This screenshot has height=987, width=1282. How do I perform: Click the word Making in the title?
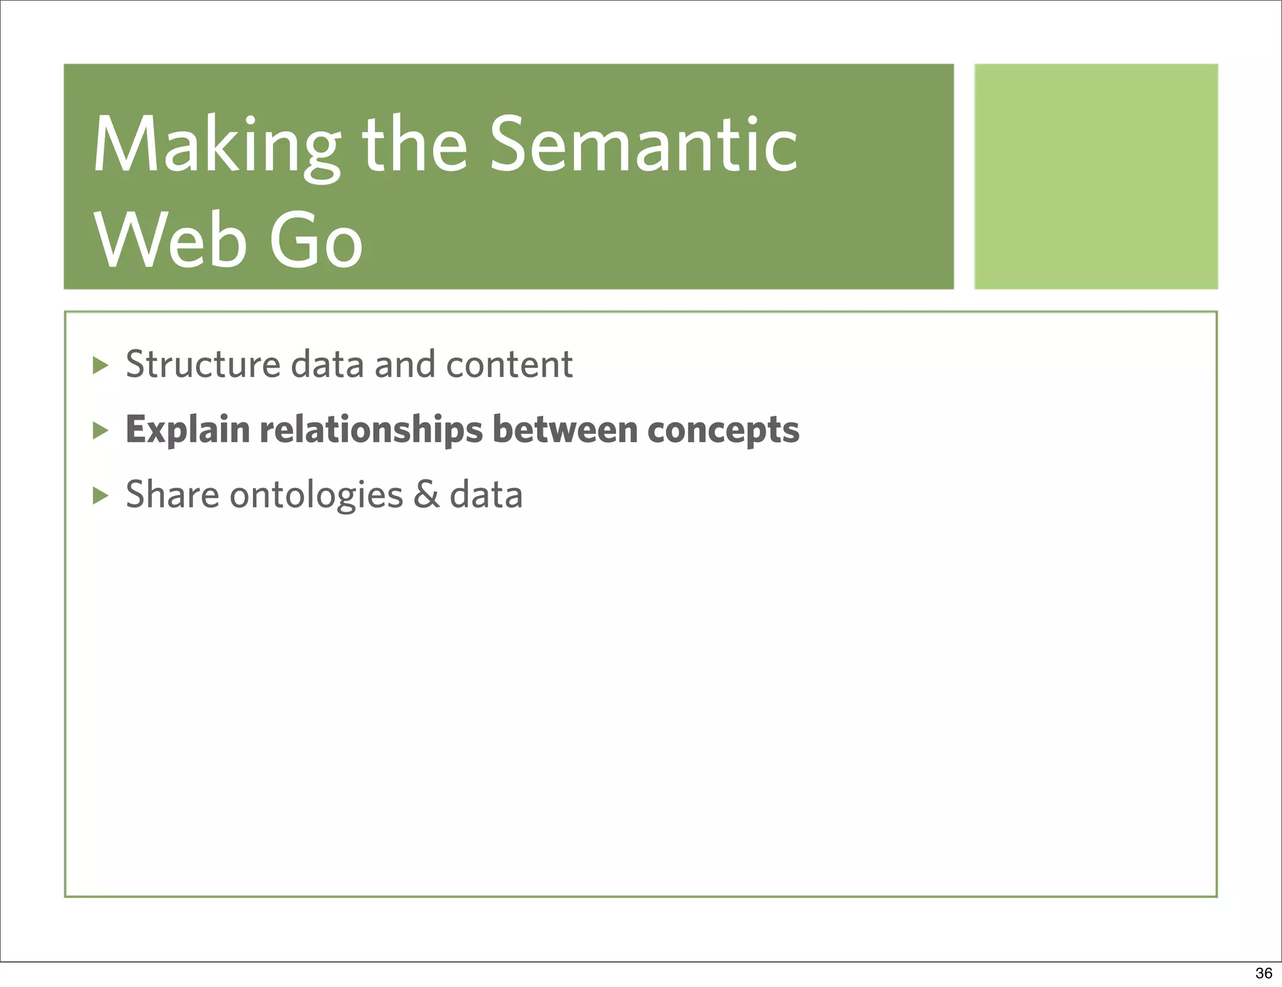pyautogui.click(x=216, y=147)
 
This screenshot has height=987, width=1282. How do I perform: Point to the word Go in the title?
pyautogui.click(x=316, y=242)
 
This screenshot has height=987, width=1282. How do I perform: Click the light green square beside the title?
pyautogui.click(x=1095, y=176)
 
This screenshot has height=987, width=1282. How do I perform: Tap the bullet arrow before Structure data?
pyautogui.click(x=100, y=365)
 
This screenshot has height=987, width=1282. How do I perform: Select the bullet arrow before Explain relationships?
pyautogui.click(x=100, y=430)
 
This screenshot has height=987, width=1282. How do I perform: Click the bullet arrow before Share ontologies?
pyautogui.click(x=100, y=496)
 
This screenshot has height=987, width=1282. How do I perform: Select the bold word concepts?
pyautogui.click(x=723, y=430)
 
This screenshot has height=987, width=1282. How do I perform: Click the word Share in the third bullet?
pyautogui.click(x=172, y=495)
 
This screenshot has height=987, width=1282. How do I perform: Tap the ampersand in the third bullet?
pyautogui.click(x=426, y=495)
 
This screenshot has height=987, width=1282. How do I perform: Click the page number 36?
pyautogui.click(x=1263, y=973)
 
